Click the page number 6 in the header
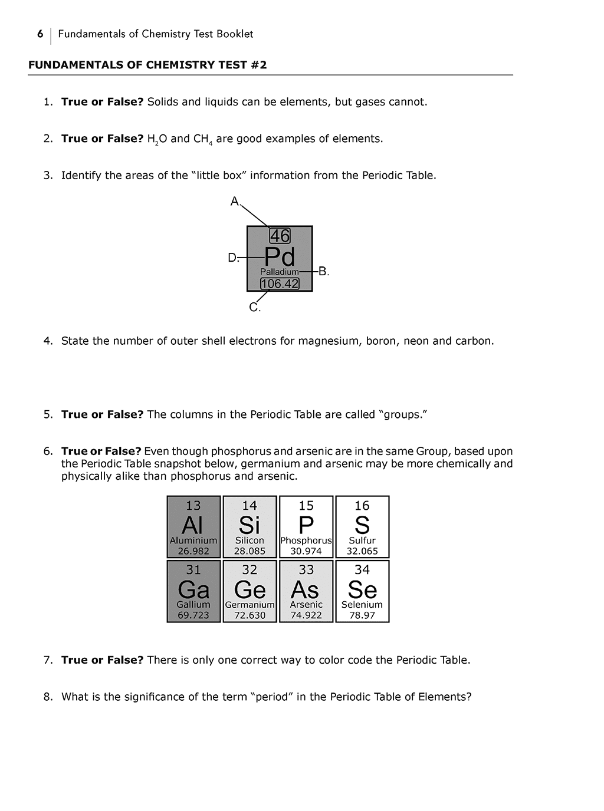[40, 34]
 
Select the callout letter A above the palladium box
[235, 202]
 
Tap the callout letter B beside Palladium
[323, 272]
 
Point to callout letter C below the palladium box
[254, 308]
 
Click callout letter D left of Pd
[232, 258]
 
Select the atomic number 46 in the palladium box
[280, 236]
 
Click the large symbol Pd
[280, 257]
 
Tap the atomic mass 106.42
[280, 283]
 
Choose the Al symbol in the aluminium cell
[193, 525]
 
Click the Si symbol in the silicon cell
[250, 525]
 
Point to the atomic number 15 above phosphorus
[306, 506]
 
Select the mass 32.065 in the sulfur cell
[362, 551]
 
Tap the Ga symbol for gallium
[193, 589]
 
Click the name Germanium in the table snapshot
[250, 605]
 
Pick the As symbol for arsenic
[305, 589]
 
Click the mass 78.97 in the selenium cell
[362, 615]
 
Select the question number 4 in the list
[48, 341]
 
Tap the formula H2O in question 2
[157, 139]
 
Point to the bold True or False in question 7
[102, 660]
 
